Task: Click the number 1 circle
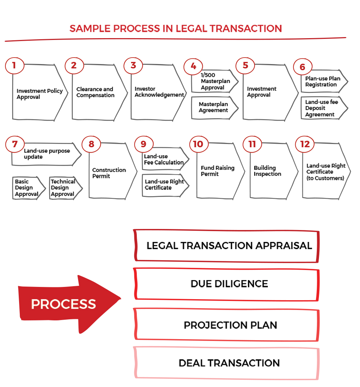(x=14, y=66)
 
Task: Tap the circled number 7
(x=15, y=144)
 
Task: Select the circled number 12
(x=305, y=144)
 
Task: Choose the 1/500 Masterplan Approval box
(x=214, y=81)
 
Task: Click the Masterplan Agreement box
(x=214, y=107)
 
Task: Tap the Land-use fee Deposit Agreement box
(x=322, y=108)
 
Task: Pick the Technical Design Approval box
(x=64, y=188)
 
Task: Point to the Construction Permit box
(x=110, y=173)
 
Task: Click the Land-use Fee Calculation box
(x=163, y=159)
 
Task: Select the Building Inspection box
(x=268, y=171)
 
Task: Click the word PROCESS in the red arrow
(x=63, y=304)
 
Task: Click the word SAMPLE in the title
(x=85, y=28)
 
